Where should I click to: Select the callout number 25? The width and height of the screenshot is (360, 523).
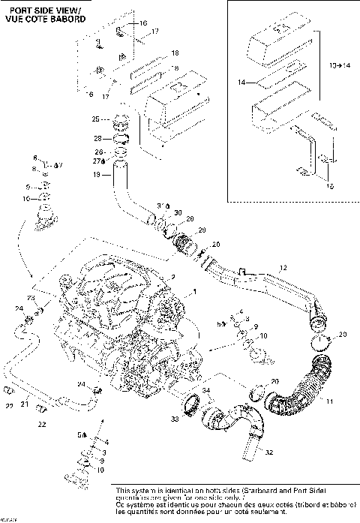96,119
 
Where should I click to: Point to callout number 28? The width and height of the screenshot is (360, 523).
97,138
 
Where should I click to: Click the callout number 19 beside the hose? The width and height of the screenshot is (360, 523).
96,174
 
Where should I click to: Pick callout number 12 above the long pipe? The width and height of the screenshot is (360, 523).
283,267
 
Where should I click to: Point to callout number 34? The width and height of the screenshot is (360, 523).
205,390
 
